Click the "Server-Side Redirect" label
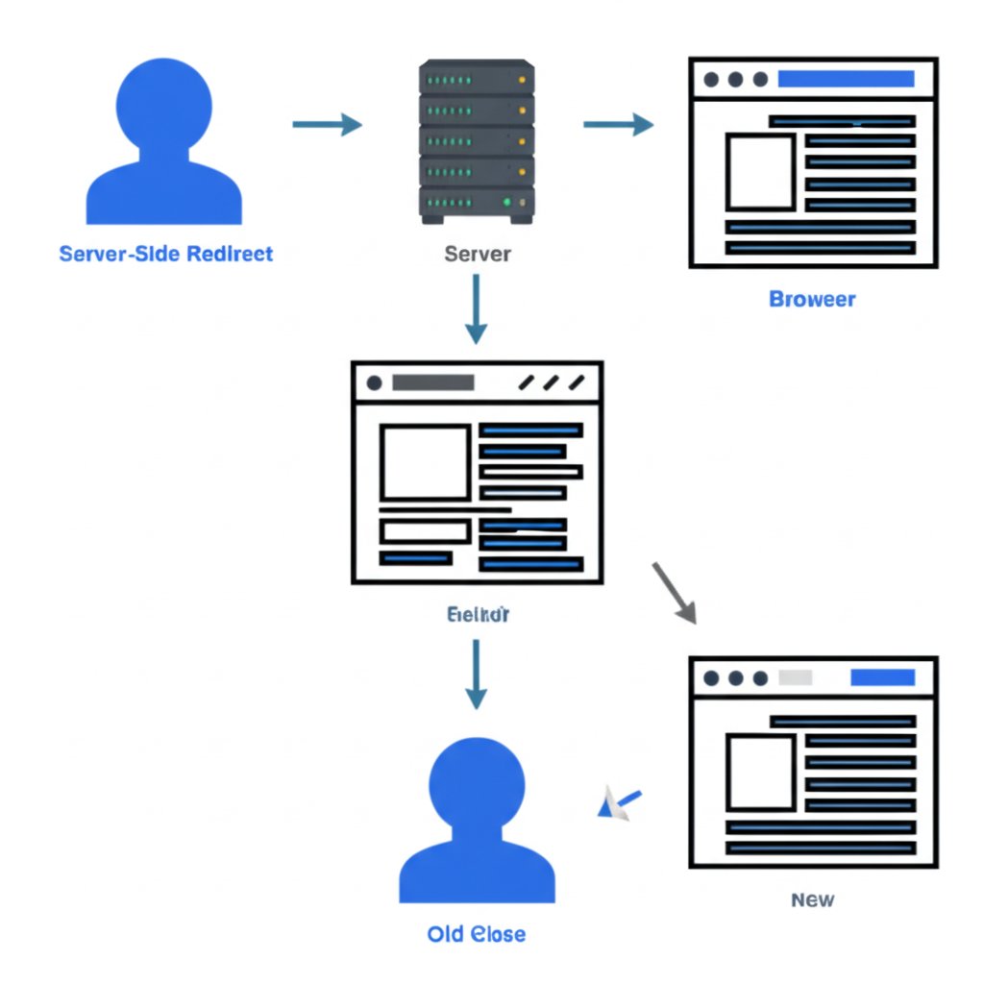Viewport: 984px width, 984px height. tap(166, 254)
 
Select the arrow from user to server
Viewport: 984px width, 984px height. tap(327, 124)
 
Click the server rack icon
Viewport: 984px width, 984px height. tap(476, 141)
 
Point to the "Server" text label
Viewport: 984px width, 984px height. tap(478, 255)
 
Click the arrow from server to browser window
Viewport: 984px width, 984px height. tap(618, 124)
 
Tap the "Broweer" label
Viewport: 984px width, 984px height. tap(812, 299)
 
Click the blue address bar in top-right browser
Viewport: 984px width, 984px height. tap(846, 79)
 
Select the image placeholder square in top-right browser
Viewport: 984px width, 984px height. tap(760, 172)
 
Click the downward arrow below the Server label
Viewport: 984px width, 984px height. tap(476, 308)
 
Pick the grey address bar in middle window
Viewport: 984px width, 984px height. tap(433, 382)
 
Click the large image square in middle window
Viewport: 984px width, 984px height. tap(425, 462)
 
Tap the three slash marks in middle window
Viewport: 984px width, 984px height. tap(552, 382)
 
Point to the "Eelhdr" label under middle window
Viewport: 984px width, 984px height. tap(478, 614)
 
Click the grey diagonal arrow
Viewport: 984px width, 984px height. tap(674, 593)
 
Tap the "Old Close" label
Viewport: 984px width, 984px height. tap(477, 934)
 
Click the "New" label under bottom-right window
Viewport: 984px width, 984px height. tap(813, 900)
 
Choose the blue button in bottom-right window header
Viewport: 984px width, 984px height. tap(882, 677)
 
